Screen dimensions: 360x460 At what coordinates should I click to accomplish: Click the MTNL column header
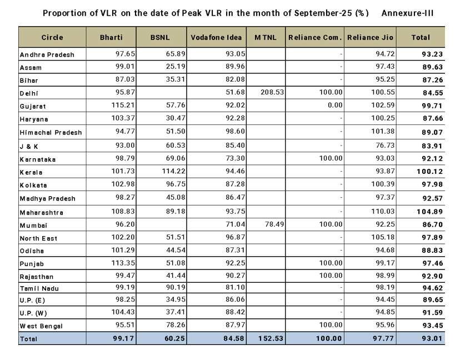(266, 38)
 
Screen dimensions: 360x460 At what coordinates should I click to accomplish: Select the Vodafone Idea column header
(216, 38)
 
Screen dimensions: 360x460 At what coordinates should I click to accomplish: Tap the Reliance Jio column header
(371, 38)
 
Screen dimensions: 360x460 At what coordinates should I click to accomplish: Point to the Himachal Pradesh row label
(51, 133)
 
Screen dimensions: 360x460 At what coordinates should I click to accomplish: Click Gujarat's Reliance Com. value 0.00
(333, 106)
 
